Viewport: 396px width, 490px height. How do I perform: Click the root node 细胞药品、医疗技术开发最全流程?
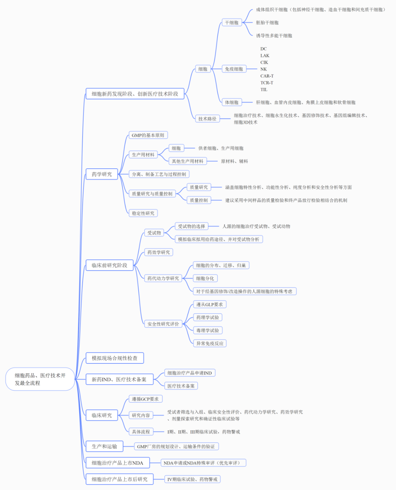(40, 379)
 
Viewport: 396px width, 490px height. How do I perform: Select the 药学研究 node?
(102, 174)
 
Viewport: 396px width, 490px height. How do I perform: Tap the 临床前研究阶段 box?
(109, 265)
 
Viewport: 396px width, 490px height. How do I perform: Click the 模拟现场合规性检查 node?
(114, 358)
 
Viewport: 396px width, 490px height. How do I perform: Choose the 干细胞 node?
(232, 23)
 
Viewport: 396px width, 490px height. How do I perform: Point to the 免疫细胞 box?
(234, 69)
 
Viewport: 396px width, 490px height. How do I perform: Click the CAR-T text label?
(267, 76)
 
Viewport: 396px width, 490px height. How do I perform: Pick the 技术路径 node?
(207, 118)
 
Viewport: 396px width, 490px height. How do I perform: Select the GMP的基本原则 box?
(148, 135)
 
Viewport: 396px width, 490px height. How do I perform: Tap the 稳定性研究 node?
(143, 213)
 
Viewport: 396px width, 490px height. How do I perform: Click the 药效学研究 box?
(158, 252)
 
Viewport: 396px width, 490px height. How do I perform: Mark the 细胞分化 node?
(205, 278)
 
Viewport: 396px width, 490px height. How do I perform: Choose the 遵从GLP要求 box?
(209, 304)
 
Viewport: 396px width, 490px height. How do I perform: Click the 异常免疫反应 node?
(210, 343)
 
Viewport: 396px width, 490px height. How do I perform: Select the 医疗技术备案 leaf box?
(181, 386)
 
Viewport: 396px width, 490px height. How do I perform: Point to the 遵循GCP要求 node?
(145, 399)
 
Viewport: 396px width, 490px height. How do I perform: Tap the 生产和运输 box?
(104, 446)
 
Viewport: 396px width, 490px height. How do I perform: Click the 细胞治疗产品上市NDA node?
(117, 463)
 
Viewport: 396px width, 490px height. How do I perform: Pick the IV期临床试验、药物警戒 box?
(192, 479)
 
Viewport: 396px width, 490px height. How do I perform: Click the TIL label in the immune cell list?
(264, 89)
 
